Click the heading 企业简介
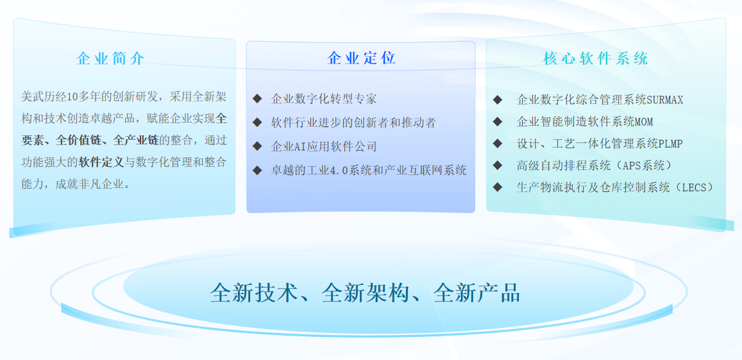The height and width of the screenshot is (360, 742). coord(111,59)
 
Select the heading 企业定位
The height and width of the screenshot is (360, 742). coord(361,58)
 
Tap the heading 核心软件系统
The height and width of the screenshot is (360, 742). coord(596,59)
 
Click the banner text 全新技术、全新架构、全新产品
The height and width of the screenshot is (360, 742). coord(366,293)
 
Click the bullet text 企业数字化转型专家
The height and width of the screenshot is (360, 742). coord(324,99)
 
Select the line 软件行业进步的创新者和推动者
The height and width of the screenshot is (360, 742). coord(353,123)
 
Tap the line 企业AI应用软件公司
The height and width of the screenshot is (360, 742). coord(324,146)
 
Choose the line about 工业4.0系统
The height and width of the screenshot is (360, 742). coord(369,170)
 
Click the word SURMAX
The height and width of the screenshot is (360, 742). coord(665,100)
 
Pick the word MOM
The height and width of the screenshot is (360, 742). coord(644,122)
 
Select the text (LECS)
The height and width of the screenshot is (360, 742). coord(689,187)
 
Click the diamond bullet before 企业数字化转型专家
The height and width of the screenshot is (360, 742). coord(257,99)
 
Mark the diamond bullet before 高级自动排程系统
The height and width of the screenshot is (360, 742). coord(497,166)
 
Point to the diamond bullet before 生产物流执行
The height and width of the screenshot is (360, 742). coord(497,187)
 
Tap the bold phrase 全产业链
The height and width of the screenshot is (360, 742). coord(137,140)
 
